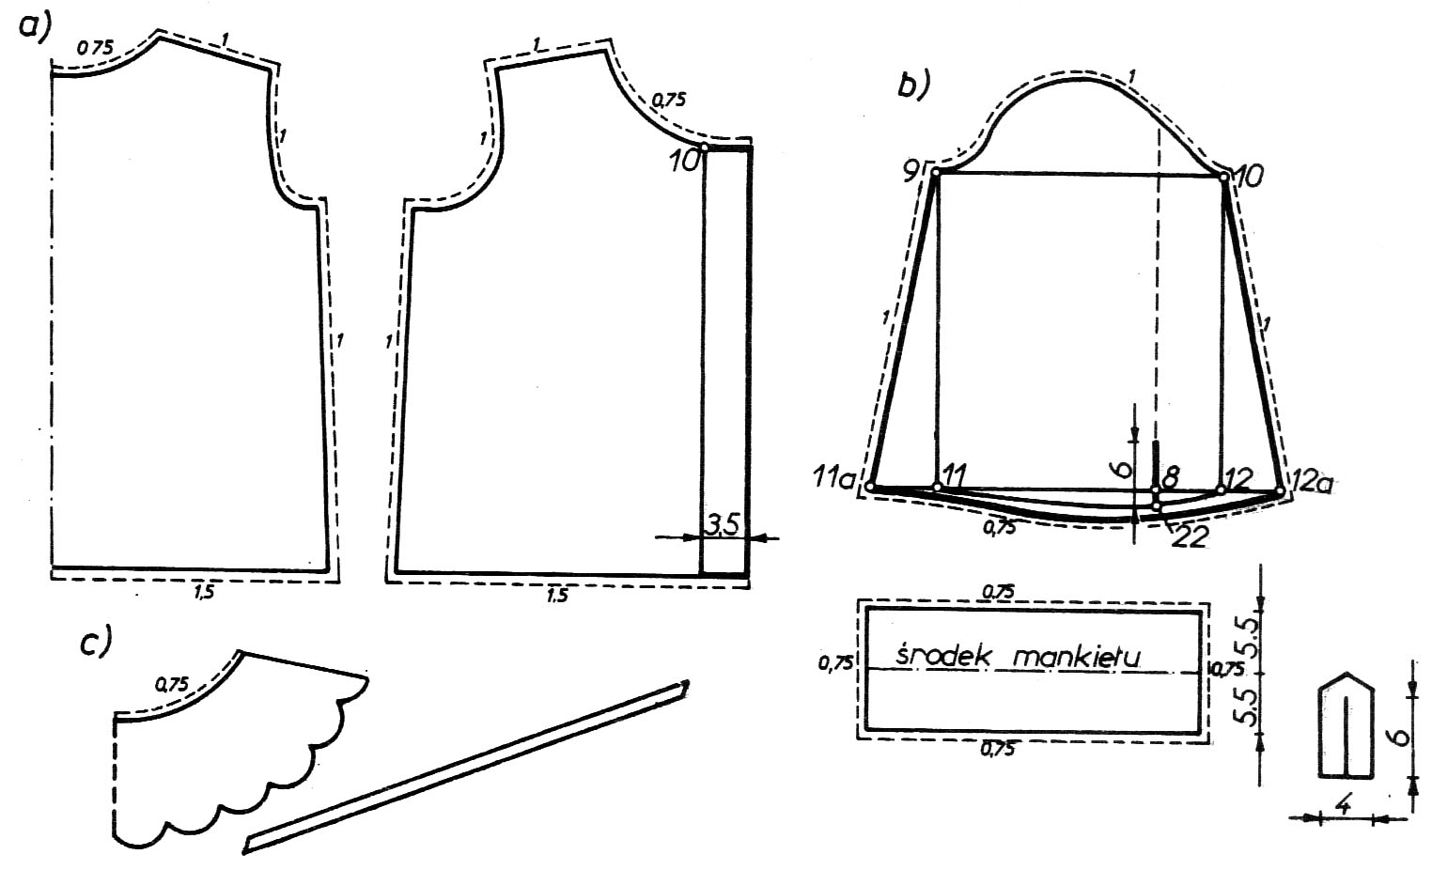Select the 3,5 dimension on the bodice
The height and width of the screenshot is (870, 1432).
[723, 525]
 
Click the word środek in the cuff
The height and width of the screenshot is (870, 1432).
[941, 656]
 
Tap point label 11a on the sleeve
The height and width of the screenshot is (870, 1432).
[834, 477]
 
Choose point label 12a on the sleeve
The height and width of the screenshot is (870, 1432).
[1311, 481]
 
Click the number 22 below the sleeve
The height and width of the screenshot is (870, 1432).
[1190, 536]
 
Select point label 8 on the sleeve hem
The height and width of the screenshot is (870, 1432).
[1171, 477]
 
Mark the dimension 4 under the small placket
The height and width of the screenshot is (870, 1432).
[1345, 805]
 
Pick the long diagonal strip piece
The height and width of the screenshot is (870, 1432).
[465, 766]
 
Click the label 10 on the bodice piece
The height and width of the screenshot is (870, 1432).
[685, 161]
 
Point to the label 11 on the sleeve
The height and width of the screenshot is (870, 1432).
[954, 475]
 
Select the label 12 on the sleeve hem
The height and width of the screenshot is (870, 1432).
[1238, 477]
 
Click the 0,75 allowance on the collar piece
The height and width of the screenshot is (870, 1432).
[171, 685]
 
